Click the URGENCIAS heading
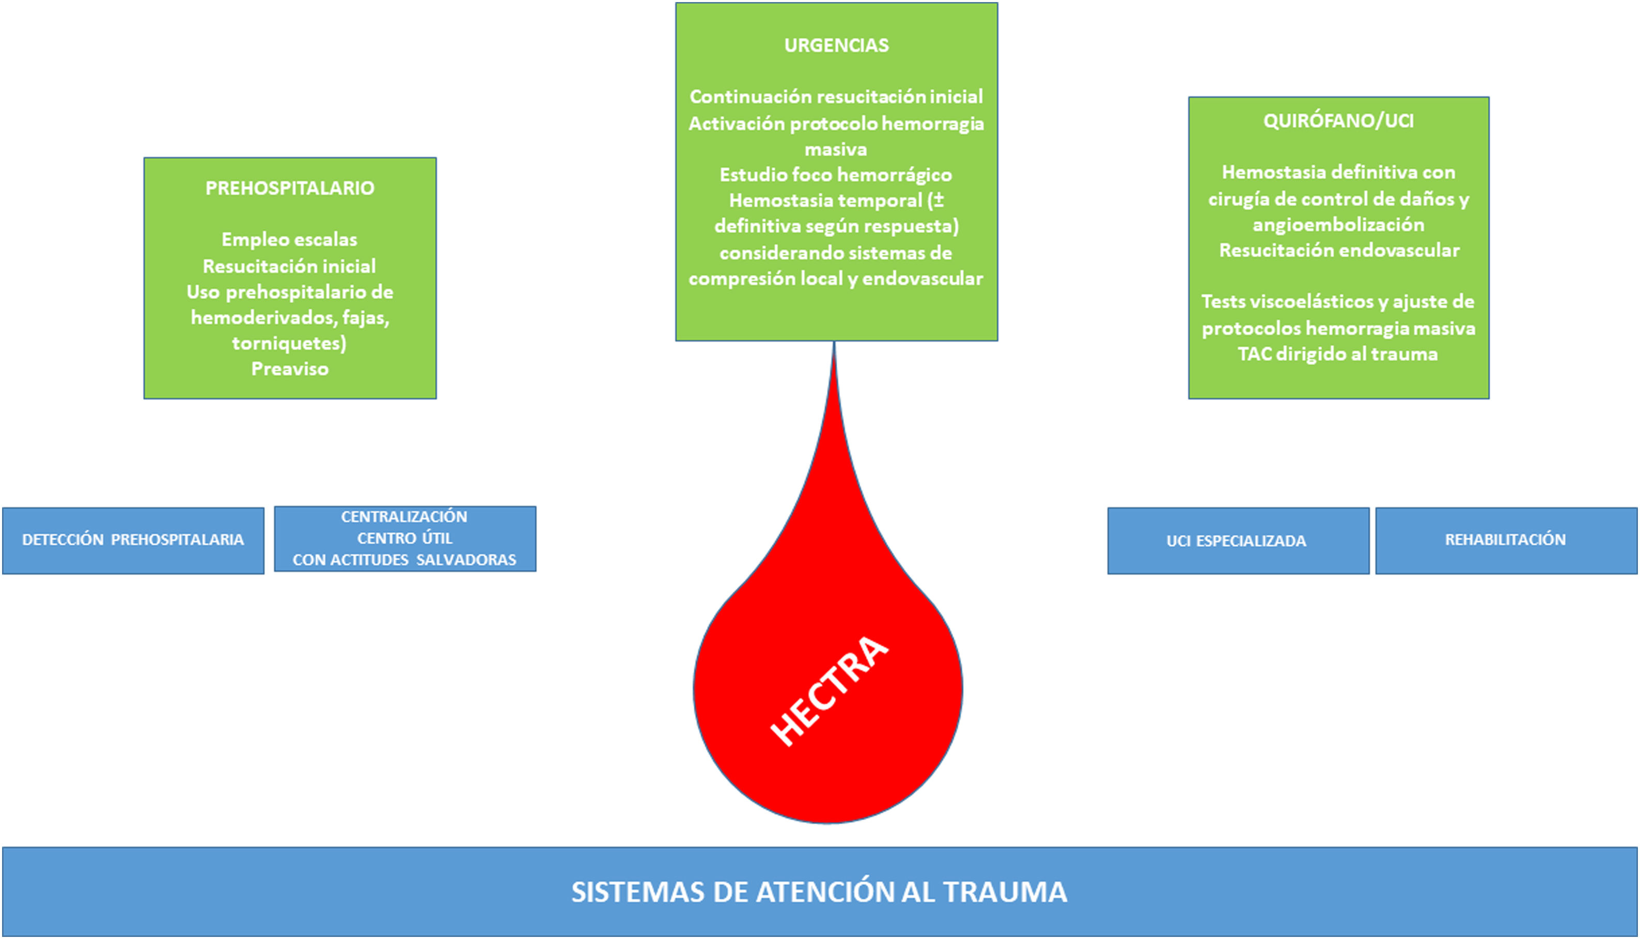836,45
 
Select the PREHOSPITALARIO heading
289,188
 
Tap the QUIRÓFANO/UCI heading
1338,120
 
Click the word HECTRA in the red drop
830,691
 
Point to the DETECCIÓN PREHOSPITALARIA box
133,540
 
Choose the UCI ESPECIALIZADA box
1237,541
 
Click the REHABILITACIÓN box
1505,540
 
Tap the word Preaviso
289,369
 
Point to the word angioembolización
1338,224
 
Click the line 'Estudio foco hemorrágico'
836,175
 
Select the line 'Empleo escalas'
289,239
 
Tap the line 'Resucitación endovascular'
1338,250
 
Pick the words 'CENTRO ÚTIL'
404,538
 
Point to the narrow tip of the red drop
834,351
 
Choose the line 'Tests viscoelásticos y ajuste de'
1338,302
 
